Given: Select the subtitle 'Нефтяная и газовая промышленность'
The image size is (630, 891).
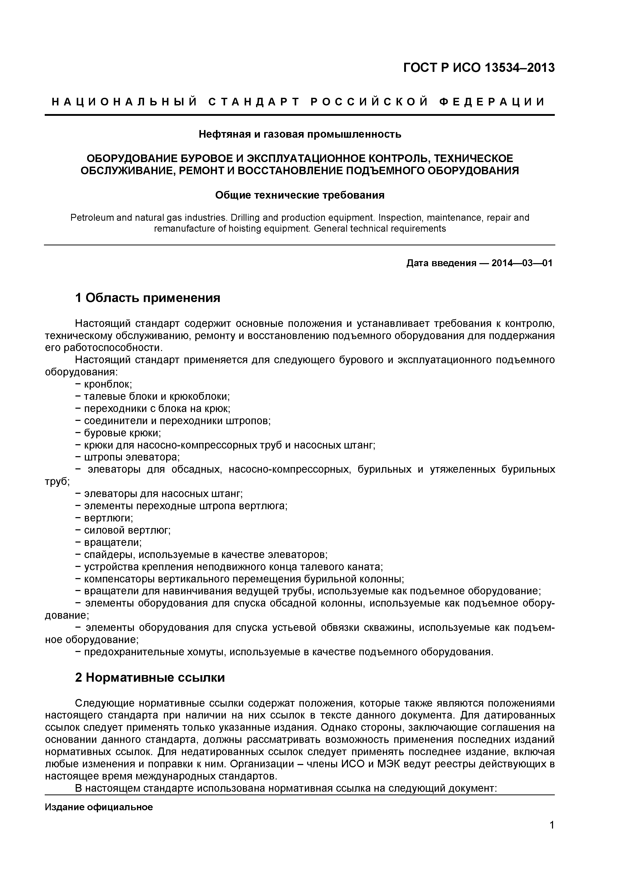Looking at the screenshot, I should (x=300, y=134).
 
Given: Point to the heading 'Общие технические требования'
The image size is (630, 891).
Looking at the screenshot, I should (x=300, y=195).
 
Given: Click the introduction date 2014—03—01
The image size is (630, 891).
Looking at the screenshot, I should (x=522, y=263).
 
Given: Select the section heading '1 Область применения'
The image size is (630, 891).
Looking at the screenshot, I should (x=148, y=298).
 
